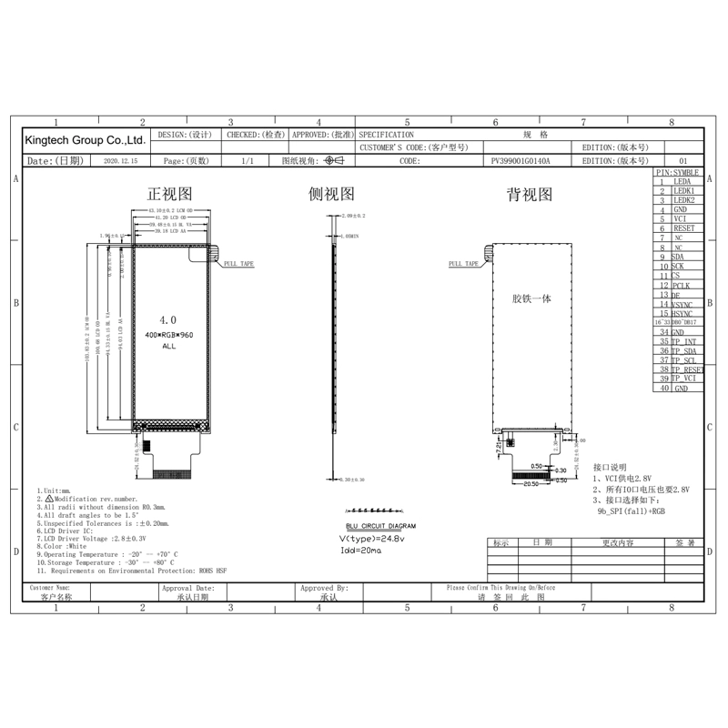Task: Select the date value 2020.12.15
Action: pyautogui.click(x=121, y=160)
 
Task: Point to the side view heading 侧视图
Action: pyautogui.click(x=331, y=194)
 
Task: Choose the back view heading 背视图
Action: pyautogui.click(x=529, y=194)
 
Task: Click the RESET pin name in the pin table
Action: pyautogui.click(x=683, y=228)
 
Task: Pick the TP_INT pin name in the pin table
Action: pyautogui.click(x=685, y=341)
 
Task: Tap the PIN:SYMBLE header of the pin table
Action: pyautogui.click(x=678, y=172)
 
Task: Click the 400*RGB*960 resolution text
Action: pyautogui.click(x=169, y=335)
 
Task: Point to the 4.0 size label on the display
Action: pyautogui.click(x=168, y=320)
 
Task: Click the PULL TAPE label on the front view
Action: pyautogui.click(x=238, y=264)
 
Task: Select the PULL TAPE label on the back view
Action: pyautogui.click(x=464, y=264)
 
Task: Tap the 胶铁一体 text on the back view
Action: pyautogui.click(x=531, y=298)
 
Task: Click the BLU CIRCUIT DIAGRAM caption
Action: pyautogui.click(x=381, y=526)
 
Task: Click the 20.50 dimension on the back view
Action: pyautogui.click(x=532, y=484)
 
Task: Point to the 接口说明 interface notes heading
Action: pyautogui.click(x=610, y=467)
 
